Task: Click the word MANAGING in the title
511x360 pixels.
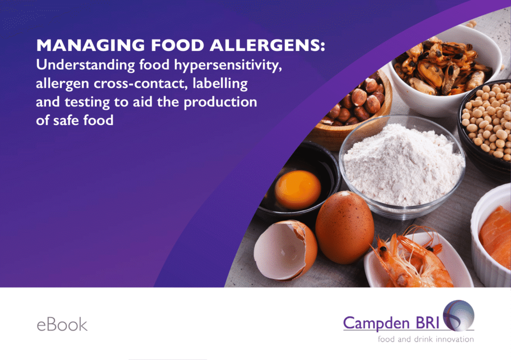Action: click(x=91, y=45)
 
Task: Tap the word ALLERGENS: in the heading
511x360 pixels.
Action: click(x=267, y=45)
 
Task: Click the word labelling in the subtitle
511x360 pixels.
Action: click(x=220, y=84)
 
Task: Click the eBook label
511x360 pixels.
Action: click(x=62, y=325)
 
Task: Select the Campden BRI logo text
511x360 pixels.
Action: click(x=391, y=323)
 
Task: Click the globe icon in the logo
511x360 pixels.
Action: click(x=459, y=315)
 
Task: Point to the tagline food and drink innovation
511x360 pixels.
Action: click(x=426, y=340)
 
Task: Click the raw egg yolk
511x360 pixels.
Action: click(x=297, y=189)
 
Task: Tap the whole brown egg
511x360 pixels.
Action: click(x=344, y=227)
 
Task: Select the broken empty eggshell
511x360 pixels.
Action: click(x=285, y=250)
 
